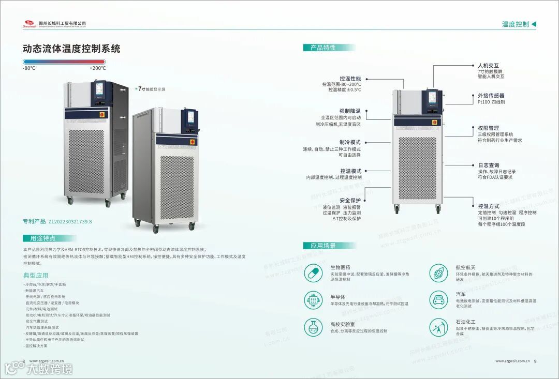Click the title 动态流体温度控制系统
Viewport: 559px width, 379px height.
pyautogui.click(x=71, y=49)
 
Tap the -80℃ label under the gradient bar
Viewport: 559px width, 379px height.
pyautogui.click(x=29, y=68)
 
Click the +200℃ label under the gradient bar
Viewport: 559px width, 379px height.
pyautogui.click(x=97, y=68)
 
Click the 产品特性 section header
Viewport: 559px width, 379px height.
pyautogui.click(x=323, y=48)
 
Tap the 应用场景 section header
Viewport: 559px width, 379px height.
pyautogui.click(x=323, y=246)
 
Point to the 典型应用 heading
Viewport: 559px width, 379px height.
pyautogui.click(x=36, y=275)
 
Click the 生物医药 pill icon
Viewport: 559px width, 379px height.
pyautogui.click(x=313, y=272)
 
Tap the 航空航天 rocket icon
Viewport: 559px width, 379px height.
pyautogui.click(x=438, y=272)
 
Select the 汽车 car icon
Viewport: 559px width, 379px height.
pyautogui.click(x=438, y=299)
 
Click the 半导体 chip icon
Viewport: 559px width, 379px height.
pyautogui.click(x=313, y=299)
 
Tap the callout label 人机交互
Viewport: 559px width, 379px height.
pyautogui.click(x=488, y=66)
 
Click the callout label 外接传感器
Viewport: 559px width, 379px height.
pyautogui.click(x=491, y=96)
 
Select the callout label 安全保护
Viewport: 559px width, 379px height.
pyautogui.click(x=350, y=200)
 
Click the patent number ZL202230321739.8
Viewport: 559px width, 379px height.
pyautogui.click(x=70, y=222)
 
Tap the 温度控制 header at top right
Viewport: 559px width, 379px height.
pyautogui.click(x=516, y=24)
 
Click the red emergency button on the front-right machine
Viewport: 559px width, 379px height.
pyautogui.click(x=193, y=141)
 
